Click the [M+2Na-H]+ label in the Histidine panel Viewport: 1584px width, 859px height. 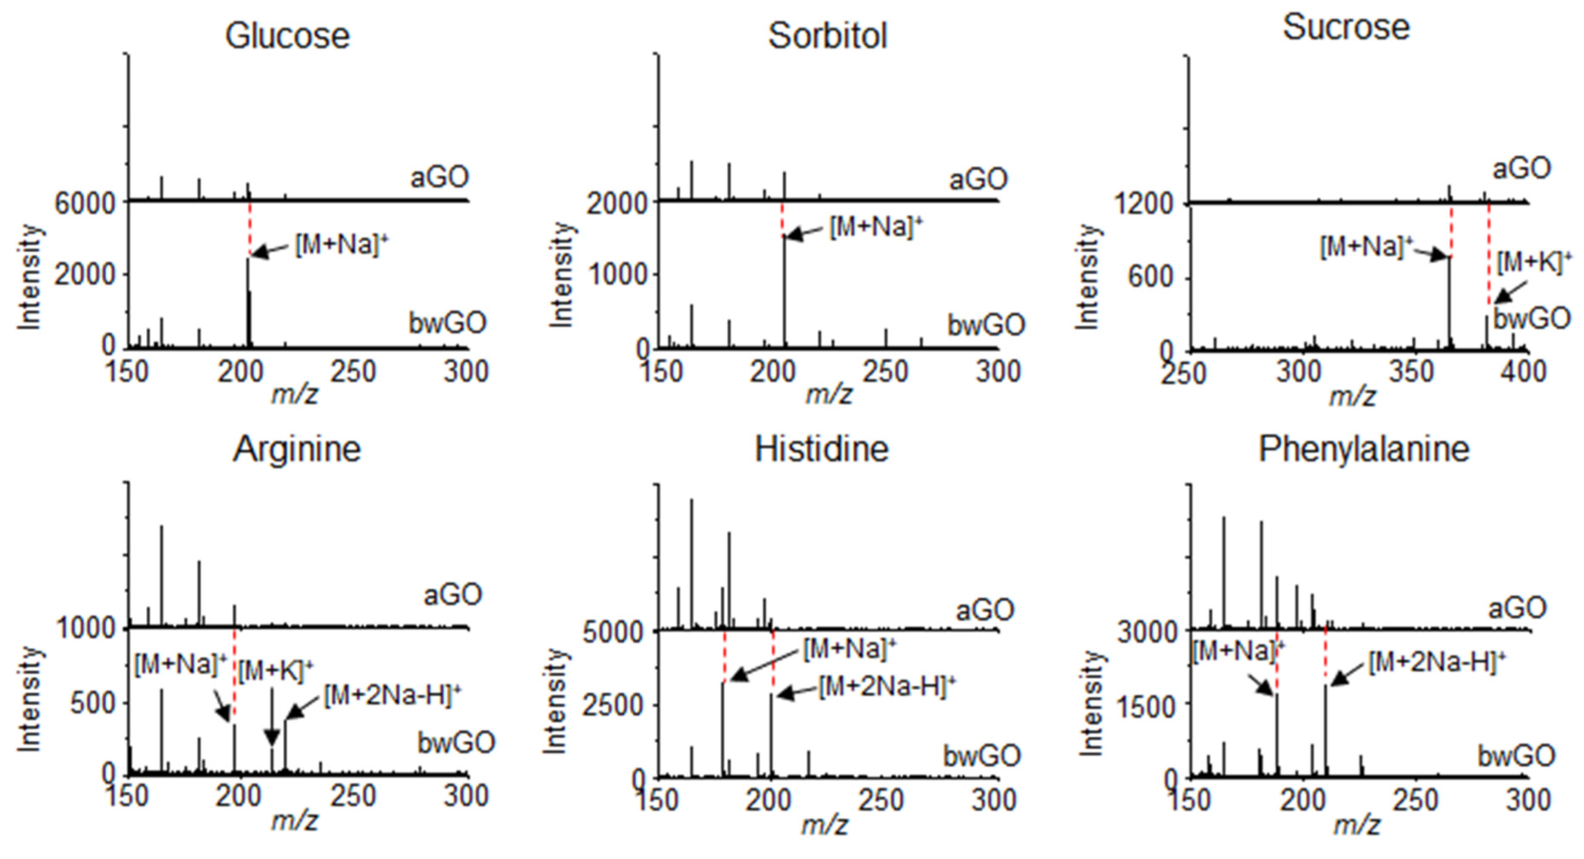pyautogui.click(x=887, y=685)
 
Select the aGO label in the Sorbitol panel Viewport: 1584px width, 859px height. pyautogui.click(x=979, y=179)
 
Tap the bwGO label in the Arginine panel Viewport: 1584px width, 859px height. pyautogui.click(x=456, y=743)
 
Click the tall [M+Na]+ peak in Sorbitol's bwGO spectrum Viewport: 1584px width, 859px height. pyautogui.click(x=784, y=289)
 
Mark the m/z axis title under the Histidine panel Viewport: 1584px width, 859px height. pyautogui.click(x=824, y=825)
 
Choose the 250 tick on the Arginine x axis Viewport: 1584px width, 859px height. pyautogui.click(x=353, y=796)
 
